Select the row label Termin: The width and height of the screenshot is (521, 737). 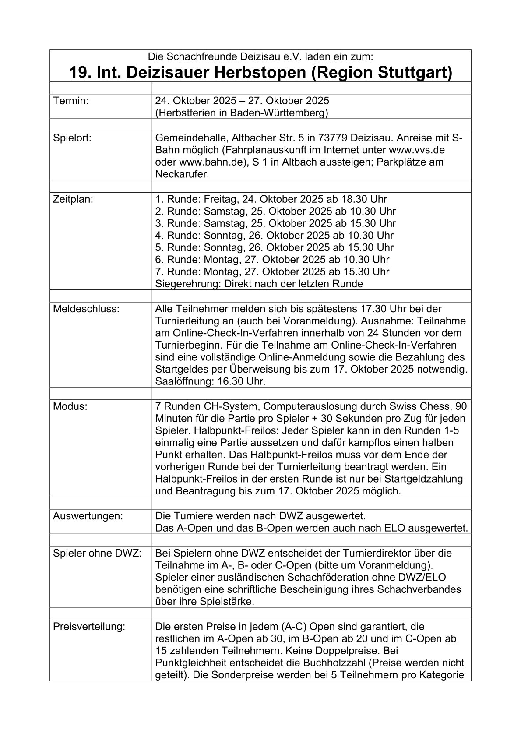point(70,101)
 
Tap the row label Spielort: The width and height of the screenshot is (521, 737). point(72,138)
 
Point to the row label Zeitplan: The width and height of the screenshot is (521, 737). point(73,199)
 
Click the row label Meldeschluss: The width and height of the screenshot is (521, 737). point(86,308)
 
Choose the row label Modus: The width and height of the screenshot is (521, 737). point(70,406)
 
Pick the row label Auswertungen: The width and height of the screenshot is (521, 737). point(88,516)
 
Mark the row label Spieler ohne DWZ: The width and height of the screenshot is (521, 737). point(97,553)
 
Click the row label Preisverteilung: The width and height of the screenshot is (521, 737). point(89,626)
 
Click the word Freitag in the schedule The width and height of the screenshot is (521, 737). point(221,199)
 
